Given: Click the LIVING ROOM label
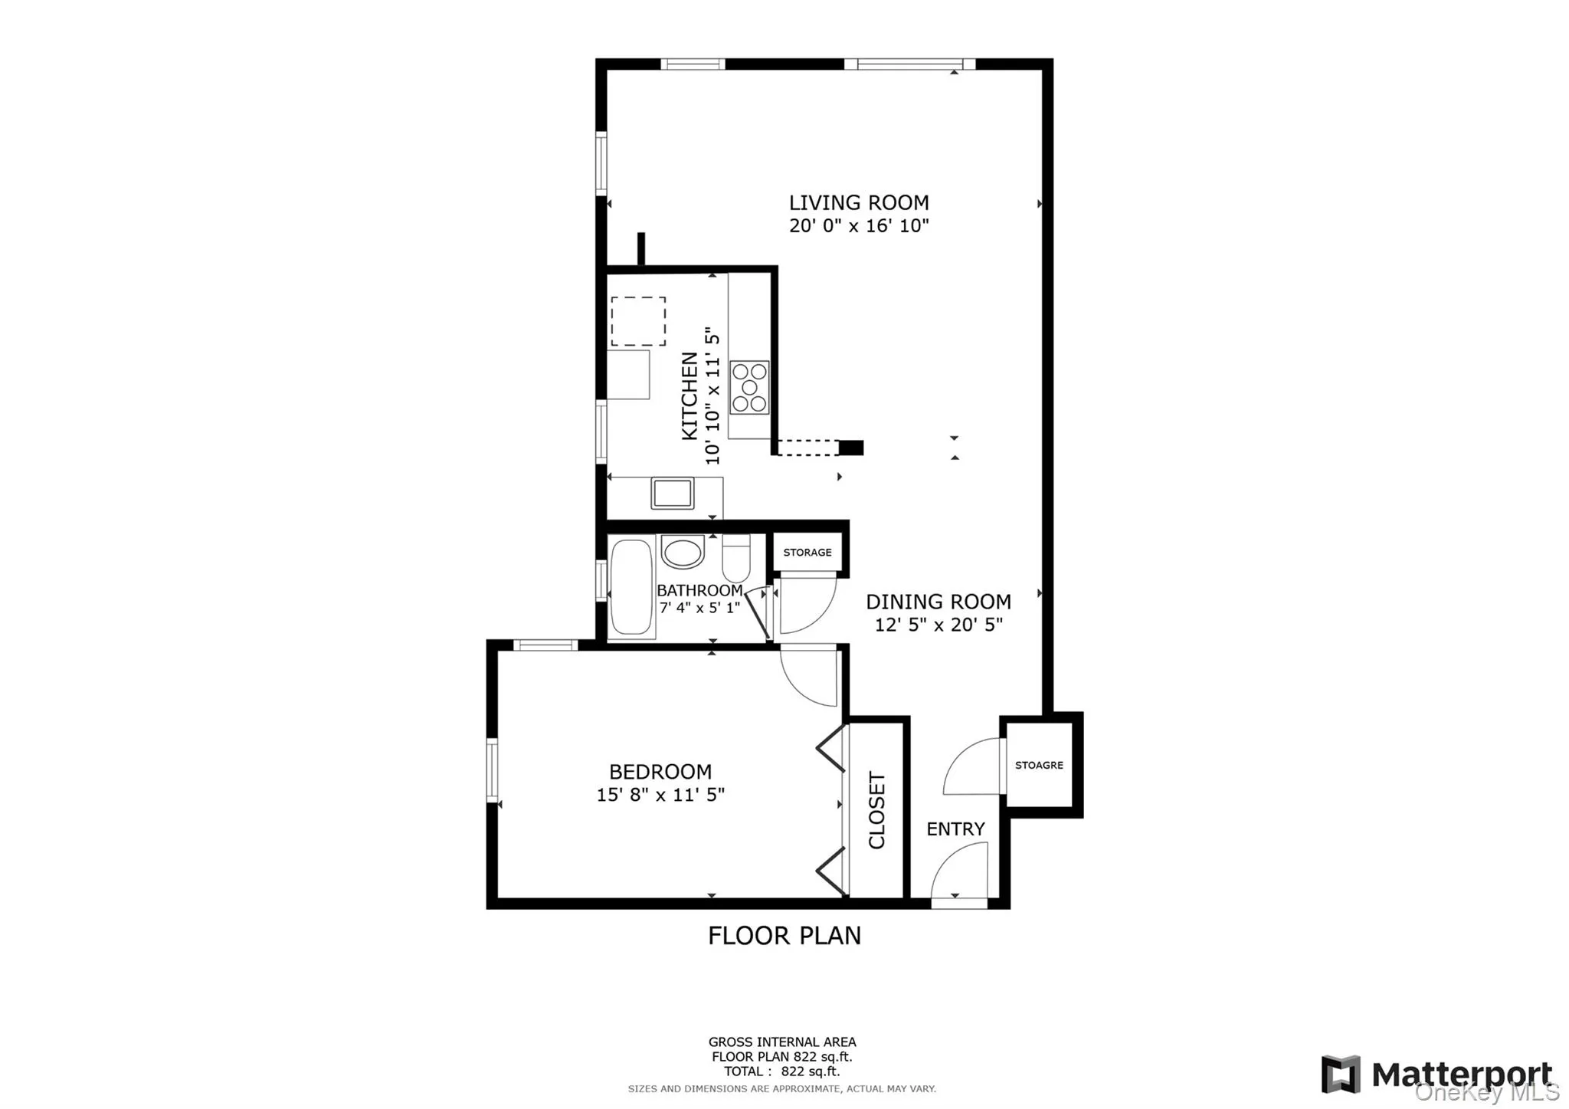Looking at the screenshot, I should [x=858, y=203].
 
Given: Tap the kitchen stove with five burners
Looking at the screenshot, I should [x=748, y=388].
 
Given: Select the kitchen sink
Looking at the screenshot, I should [x=672, y=493].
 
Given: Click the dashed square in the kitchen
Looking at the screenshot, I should [x=637, y=321].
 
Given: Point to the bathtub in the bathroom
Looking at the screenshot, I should [x=631, y=588].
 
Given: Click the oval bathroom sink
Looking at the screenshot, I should [x=682, y=552].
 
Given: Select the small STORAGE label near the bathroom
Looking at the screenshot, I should [x=807, y=553].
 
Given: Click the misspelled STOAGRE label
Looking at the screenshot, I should [x=1039, y=765].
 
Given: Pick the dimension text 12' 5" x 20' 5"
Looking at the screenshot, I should [x=938, y=625].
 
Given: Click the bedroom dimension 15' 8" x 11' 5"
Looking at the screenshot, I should [x=660, y=795].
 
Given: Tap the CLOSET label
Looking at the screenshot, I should [x=877, y=810].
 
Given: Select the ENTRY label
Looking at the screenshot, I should [x=955, y=829].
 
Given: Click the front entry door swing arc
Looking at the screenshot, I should [x=959, y=871].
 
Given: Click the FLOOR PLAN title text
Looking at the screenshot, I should [x=784, y=936].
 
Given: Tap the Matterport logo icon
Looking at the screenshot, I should [x=1340, y=1074].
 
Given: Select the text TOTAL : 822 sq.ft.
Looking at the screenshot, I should [x=781, y=1071].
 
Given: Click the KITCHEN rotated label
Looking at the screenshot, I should [x=690, y=396].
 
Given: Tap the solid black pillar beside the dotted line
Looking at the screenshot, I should [x=851, y=448].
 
